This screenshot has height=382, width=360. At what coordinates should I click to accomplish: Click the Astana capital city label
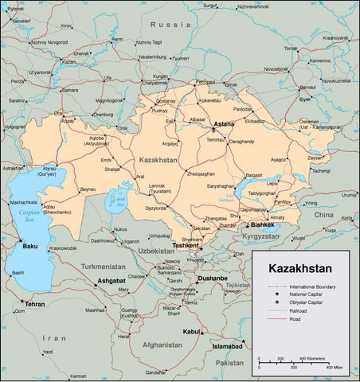pyautogui.click(x=225, y=126)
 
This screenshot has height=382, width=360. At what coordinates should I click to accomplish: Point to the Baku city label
pyautogui.click(x=29, y=246)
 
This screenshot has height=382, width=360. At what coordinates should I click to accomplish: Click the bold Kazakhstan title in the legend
pyautogui.click(x=300, y=268)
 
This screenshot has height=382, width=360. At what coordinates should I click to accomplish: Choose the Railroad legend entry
pyautogui.click(x=299, y=310)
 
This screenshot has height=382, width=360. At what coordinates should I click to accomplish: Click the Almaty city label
pyautogui.click(x=277, y=217)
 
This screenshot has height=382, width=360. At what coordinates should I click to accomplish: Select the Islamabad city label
pyautogui.click(x=228, y=347)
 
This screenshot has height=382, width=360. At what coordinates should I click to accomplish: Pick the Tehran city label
pyautogui.click(x=34, y=304)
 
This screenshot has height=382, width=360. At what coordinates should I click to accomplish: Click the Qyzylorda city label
pyautogui.click(x=155, y=208)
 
